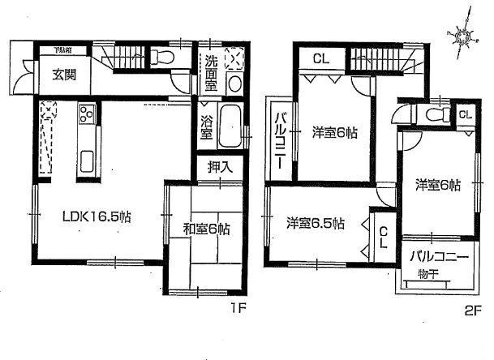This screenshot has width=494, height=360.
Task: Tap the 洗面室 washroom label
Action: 209,71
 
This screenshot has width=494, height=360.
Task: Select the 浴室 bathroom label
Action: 208,128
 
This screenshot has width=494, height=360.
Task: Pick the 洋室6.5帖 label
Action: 316,222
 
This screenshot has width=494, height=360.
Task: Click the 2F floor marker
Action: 471,309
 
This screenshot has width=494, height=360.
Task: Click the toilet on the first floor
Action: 163,58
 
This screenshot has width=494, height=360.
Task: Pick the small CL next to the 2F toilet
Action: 464,114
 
